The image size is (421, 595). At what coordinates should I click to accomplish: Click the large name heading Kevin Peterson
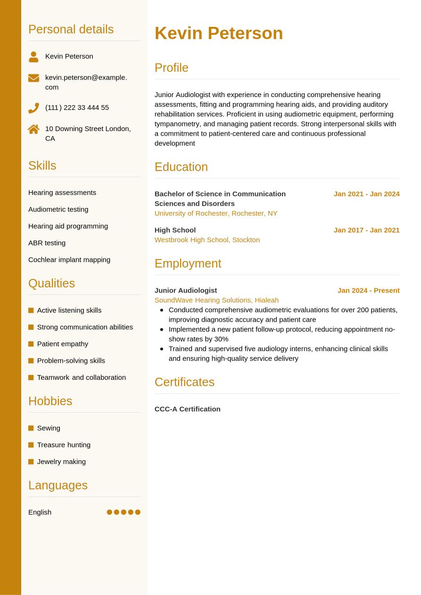[x=219, y=33]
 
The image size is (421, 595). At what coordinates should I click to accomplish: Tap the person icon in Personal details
[x=33, y=57]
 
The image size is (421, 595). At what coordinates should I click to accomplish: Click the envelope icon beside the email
[x=33, y=78]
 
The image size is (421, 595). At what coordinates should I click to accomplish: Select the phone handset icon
[x=33, y=108]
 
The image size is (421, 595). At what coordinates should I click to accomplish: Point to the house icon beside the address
[x=33, y=129]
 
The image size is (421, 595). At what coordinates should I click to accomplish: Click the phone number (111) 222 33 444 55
[x=77, y=107]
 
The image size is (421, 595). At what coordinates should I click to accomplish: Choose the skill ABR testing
[x=47, y=243]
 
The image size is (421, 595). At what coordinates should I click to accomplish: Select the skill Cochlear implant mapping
[x=69, y=260]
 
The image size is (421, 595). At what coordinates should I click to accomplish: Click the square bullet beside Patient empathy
[x=31, y=344]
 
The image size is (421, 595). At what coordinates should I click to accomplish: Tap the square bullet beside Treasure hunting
[x=31, y=445]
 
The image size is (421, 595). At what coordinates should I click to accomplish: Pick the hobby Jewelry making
[x=61, y=462]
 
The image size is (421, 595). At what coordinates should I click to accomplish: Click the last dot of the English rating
[x=138, y=512]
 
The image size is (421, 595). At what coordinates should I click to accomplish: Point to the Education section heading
[x=181, y=167]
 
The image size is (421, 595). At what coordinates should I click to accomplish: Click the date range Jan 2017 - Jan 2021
[x=366, y=230]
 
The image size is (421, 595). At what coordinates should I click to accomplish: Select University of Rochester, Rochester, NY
[x=216, y=213]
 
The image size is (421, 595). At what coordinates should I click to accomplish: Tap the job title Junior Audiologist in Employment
[x=186, y=291]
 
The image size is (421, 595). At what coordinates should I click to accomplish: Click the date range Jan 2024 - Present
[x=368, y=291]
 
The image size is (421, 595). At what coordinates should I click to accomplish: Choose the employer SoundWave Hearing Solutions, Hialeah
[x=216, y=300]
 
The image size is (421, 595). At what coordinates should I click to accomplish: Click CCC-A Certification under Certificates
[x=187, y=409]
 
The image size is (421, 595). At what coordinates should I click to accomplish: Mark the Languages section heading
[x=58, y=485]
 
